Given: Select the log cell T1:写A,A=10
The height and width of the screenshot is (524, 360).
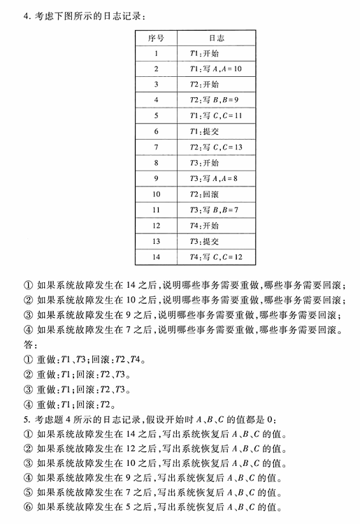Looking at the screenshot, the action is coord(215,68).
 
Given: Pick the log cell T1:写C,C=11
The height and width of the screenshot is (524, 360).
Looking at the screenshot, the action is coord(215,115).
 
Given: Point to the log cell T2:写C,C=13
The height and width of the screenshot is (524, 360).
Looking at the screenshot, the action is coord(215,147).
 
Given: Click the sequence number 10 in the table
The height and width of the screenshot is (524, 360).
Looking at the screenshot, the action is coord(156,194).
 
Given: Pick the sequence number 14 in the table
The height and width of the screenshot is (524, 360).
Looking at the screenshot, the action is coord(156,257).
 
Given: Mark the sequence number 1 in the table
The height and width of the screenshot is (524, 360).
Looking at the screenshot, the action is coord(156,53).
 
